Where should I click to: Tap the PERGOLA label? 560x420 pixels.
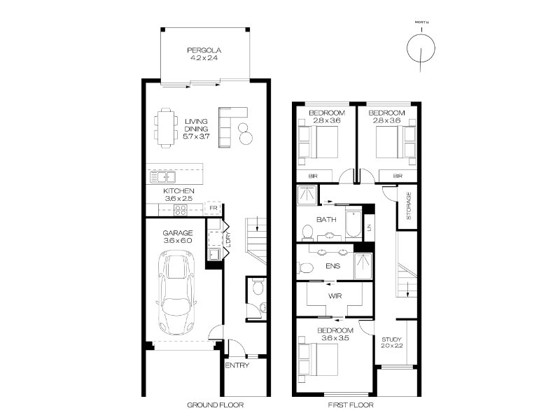click(204, 50)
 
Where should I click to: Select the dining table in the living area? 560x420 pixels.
click(166, 128)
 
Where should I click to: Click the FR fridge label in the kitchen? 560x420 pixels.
click(213, 208)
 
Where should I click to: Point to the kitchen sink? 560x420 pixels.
click(163, 177)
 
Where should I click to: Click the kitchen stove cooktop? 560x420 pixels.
click(181, 210)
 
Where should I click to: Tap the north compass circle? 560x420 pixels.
click(421, 48)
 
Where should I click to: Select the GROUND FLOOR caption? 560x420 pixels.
click(216, 405)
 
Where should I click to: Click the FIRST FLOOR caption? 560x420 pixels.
click(351, 405)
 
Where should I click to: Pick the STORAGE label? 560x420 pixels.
click(409, 206)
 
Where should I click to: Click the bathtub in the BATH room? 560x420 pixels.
click(353, 224)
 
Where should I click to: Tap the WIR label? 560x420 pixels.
click(335, 296)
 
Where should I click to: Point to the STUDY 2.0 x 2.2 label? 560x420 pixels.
click(391, 342)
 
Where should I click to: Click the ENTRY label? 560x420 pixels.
click(237, 365)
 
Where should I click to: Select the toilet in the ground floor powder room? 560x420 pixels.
click(258, 287)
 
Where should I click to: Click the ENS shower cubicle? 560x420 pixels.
click(363, 266)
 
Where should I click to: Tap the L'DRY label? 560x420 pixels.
click(228, 239)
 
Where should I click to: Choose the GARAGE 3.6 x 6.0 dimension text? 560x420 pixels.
click(178, 240)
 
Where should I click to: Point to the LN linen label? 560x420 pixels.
click(369, 227)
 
